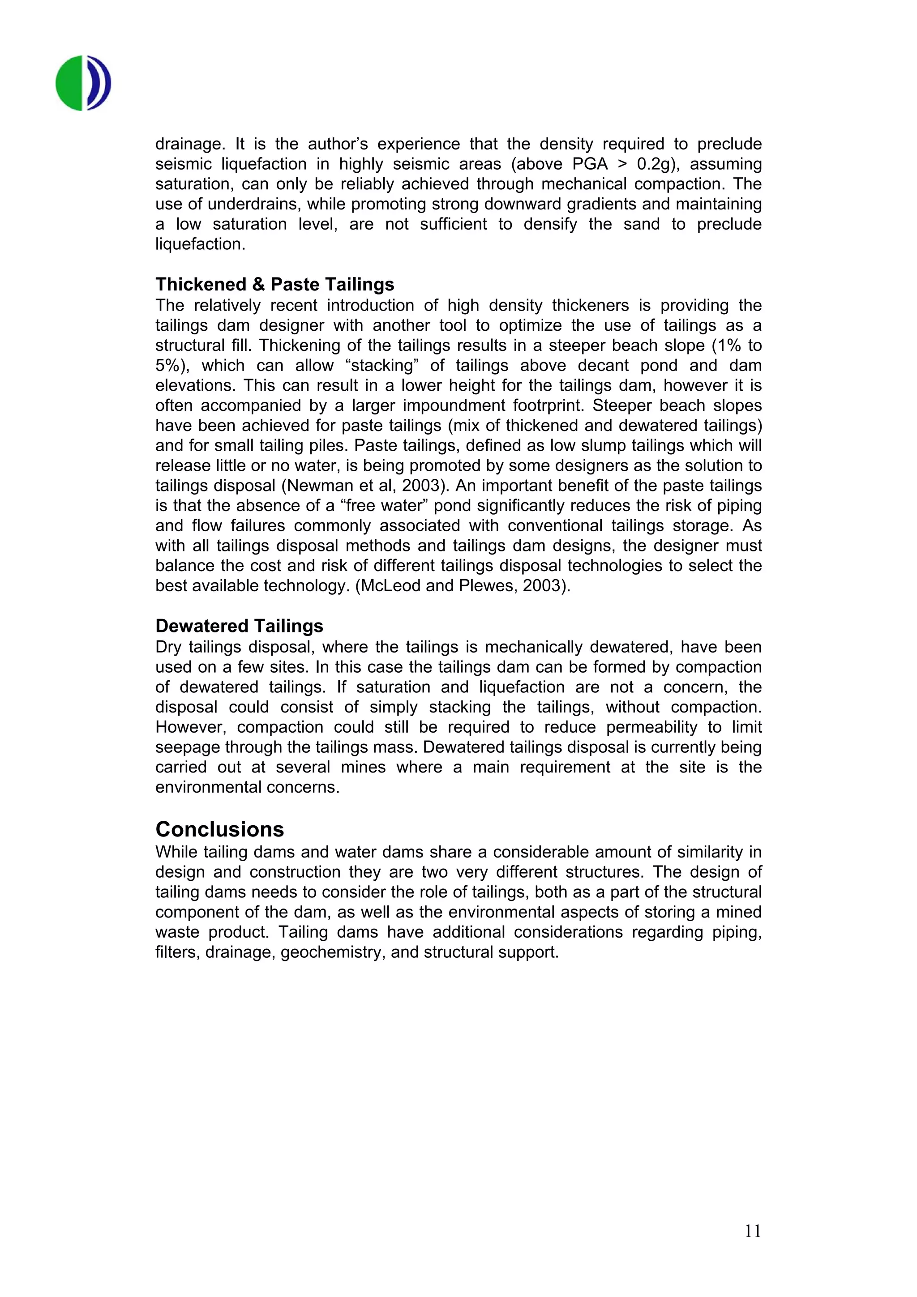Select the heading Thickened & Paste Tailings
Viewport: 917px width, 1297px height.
[274, 284]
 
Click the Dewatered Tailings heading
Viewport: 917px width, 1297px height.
[239, 626]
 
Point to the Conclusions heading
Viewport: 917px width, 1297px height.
[219, 829]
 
